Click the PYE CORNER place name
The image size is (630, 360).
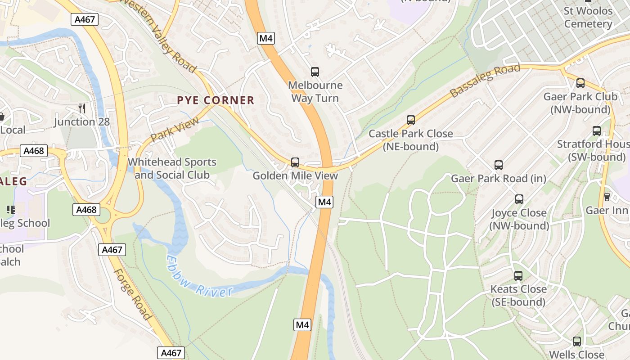point(216,100)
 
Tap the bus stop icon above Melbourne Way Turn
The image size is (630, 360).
point(315,72)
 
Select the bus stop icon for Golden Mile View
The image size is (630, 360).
point(295,162)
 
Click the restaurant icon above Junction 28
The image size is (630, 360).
point(81,108)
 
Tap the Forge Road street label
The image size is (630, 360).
point(132,294)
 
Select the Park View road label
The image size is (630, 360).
point(175,130)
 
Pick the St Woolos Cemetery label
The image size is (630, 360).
point(588,17)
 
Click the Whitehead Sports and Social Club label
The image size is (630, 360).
point(172,168)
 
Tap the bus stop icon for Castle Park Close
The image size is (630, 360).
point(411,120)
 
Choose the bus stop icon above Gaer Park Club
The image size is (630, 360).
point(580,83)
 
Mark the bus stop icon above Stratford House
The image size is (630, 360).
point(597,131)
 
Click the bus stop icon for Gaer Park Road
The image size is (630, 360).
point(499,165)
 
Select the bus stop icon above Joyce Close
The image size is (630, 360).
point(519,199)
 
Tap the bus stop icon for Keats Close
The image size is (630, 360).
point(518,276)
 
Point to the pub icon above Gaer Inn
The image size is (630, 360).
point(607,197)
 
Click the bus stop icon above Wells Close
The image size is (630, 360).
point(577,342)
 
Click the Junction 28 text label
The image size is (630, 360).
point(81,121)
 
